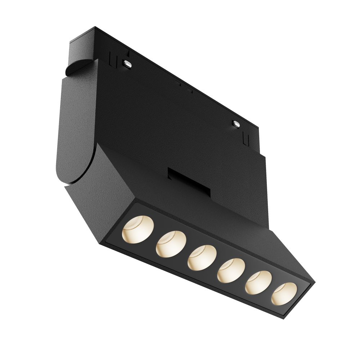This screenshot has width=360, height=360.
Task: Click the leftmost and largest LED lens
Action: pos(138,229)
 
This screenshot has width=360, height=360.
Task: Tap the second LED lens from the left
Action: pos(171,243)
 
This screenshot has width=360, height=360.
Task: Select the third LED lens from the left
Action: pos(202,258)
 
